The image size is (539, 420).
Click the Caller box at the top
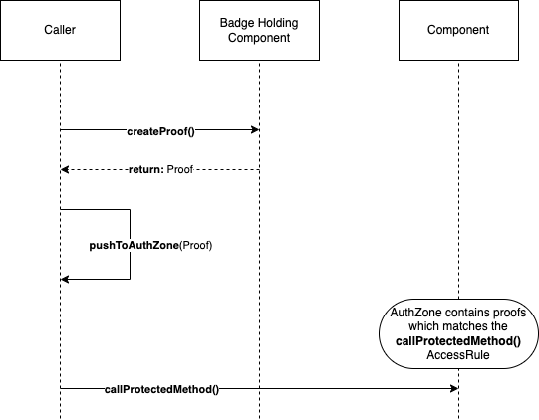[x=60, y=31]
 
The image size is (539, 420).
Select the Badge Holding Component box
[x=259, y=31]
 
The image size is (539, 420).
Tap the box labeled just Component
[x=458, y=31]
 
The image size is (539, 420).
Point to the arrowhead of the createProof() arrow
[x=254, y=130]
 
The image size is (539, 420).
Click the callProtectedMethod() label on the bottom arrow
[x=161, y=389]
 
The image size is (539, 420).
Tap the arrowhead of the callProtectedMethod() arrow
[x=453, y=389]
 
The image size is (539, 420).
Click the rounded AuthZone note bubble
[x=458, y=333]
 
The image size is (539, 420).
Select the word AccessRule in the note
[x=458, y=355]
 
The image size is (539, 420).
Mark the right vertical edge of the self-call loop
[x=130, y=245]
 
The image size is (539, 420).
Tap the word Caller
[x=60, y=31]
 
